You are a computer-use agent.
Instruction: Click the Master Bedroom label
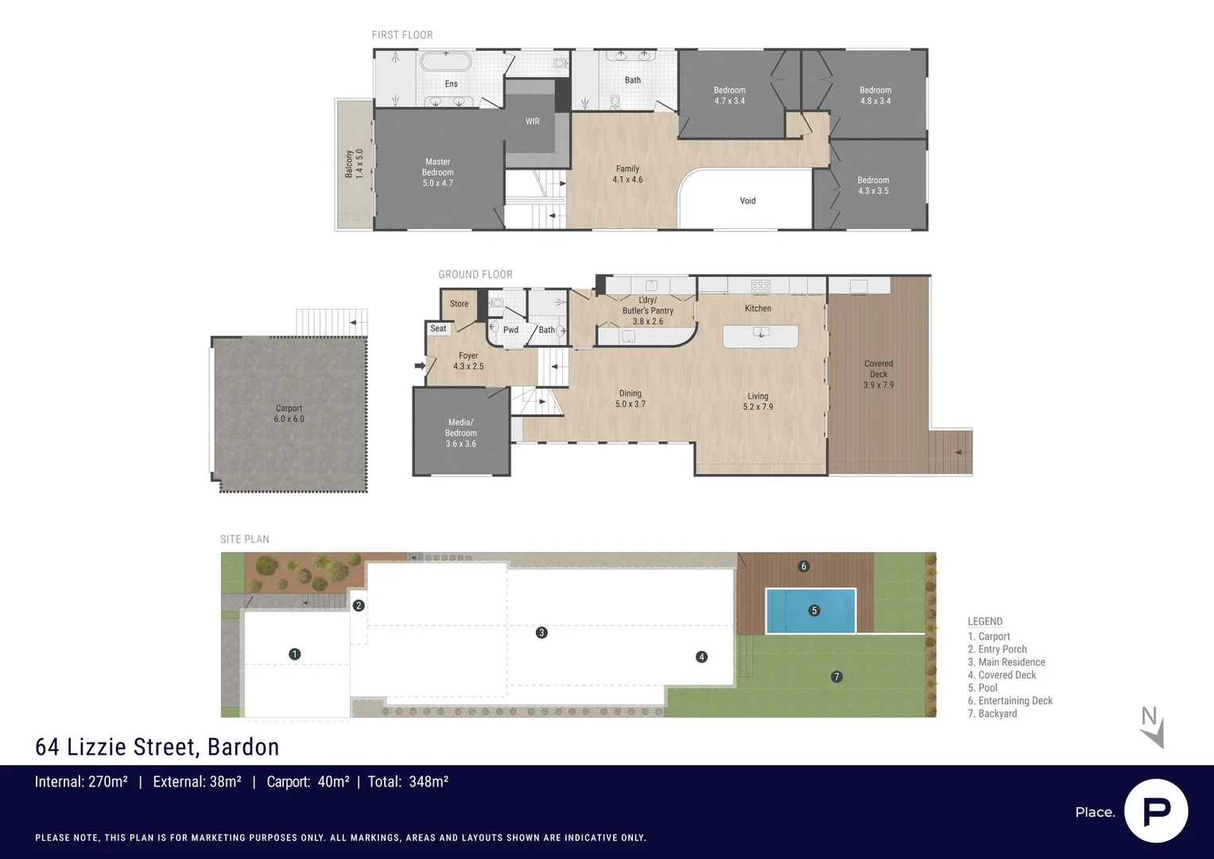[437, 173]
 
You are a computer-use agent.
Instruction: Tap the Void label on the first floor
[747, 200]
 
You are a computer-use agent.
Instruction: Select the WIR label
[533, 122]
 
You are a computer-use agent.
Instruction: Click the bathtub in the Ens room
[445, 62]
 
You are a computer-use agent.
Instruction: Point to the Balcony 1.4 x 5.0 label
[354, 164]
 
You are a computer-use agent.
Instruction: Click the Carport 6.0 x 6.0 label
[289, 414]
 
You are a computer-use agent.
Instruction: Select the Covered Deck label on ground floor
[879, 374]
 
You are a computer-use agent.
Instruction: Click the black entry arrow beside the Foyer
[419, 366]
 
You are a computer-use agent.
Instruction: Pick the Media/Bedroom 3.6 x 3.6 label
[460, 433]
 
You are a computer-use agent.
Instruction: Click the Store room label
[459, 304]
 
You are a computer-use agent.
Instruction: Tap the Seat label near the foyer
[438, 328]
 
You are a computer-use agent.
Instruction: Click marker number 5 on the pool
[813, 611]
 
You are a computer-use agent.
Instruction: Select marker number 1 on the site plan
[295, 654]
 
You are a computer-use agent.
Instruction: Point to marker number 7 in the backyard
[836, 677]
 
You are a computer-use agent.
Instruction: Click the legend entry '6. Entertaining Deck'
[1010, 701]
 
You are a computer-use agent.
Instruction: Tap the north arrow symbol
[1152, 727]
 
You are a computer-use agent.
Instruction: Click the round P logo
[1156, 811]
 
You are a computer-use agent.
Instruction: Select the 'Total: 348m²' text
[408, 782]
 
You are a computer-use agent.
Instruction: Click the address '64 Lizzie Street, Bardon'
[157, 747]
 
